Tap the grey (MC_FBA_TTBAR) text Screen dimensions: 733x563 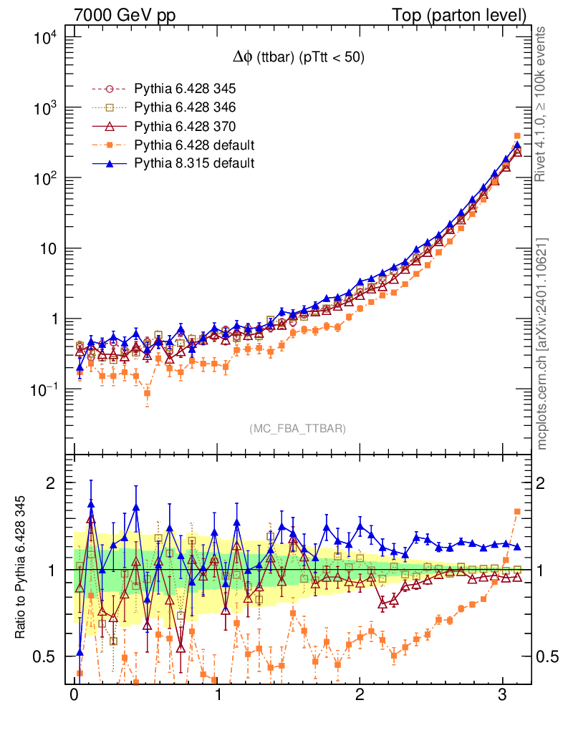pyautogui.click(x=298, y=428)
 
